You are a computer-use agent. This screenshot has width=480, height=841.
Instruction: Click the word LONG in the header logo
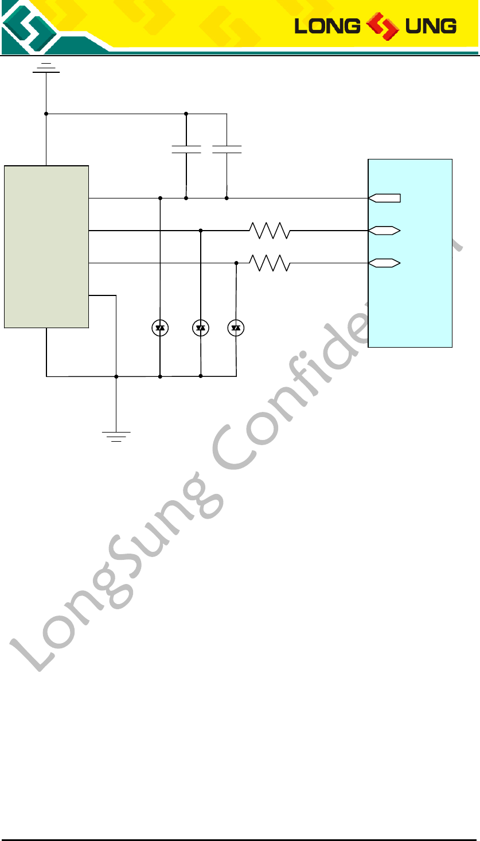(x=327, y=26)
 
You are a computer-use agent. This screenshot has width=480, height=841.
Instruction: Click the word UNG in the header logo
(x=431, y=26)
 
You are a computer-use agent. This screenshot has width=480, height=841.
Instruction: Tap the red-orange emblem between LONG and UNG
(x=382, y=26)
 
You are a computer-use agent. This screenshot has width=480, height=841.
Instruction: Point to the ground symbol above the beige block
(x=46, y=68)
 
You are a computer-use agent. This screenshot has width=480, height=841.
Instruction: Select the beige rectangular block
(x=46, y=247)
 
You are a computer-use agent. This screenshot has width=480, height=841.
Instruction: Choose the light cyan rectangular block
(x=409, y=253)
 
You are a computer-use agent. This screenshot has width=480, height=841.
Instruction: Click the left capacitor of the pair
(x=186, y=150)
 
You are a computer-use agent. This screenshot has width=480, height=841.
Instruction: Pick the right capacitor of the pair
(x=227, y=150)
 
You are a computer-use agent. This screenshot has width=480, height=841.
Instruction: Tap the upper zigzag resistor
(x=270, y=231)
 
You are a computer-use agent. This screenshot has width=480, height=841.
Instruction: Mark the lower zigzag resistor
(x=270, y=263)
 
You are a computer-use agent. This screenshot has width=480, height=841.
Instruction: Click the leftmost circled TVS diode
(x=160, y=328)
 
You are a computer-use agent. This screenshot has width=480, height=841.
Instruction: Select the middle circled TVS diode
(x=201, y=328)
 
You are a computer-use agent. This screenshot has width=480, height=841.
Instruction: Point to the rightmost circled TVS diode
(x=236, y=328)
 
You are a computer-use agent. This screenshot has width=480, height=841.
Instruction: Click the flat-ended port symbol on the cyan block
(x=384, y=198)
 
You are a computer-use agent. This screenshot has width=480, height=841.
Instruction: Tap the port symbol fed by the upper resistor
(x=384, y=231)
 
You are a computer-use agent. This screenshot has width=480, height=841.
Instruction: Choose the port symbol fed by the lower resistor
(x=384, y=263)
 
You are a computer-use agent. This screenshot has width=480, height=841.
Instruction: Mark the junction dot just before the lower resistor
(x=236, y=263)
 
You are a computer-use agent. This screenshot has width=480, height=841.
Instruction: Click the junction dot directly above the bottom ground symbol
(x=116, y=376)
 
